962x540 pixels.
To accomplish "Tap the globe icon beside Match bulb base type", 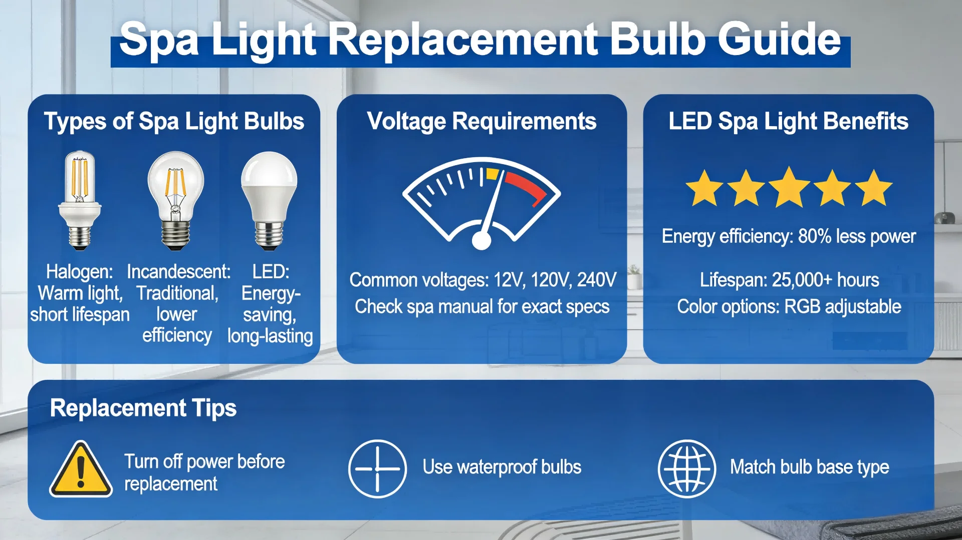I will tap(686, 468).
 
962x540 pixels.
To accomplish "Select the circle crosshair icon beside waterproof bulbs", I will tap(377, 468).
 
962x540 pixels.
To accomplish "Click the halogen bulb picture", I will tap(80, 200).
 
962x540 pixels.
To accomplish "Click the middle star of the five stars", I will tap(789, 188).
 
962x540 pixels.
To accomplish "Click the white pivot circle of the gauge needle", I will tap(482, 241).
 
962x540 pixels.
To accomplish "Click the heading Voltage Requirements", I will tap(482, 121).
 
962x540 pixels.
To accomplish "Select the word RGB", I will tap(802, 306).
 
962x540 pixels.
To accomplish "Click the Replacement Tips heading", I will tap(143, 408).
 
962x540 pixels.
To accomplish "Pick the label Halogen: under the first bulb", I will tap(79, 272).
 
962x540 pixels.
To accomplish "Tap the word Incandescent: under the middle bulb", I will tap(178, 272).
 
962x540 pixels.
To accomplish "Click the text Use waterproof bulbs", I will tap(502, 467).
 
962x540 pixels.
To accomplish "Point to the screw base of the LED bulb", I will tap(269, 235).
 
